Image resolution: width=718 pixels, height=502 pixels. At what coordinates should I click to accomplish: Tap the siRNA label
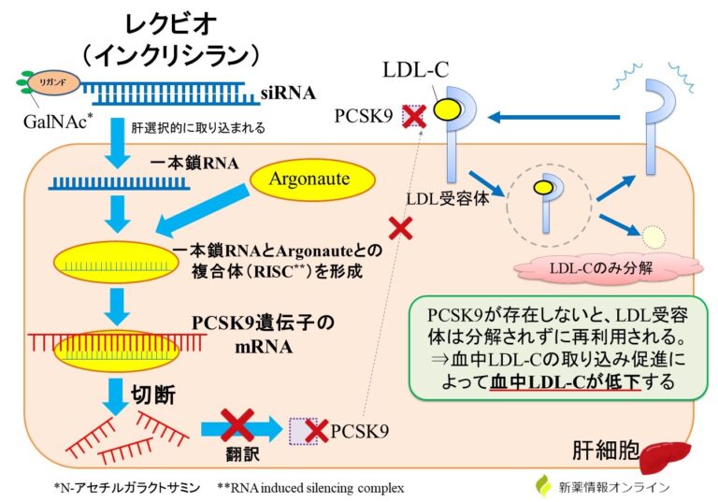pos(291,93)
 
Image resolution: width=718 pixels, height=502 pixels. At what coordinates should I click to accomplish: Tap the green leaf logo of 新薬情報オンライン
pos(543,486)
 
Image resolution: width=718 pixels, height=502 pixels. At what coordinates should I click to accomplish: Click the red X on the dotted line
pos(400,227)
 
